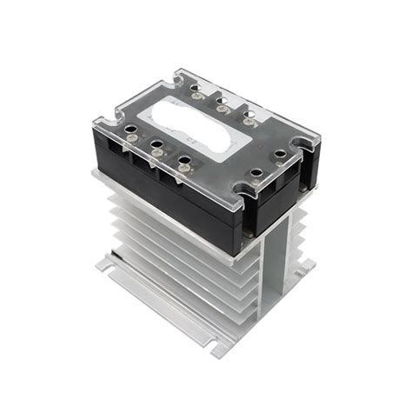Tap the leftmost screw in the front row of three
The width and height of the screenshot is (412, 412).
click(130, 134)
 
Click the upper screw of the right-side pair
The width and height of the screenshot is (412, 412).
click(281, 156)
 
